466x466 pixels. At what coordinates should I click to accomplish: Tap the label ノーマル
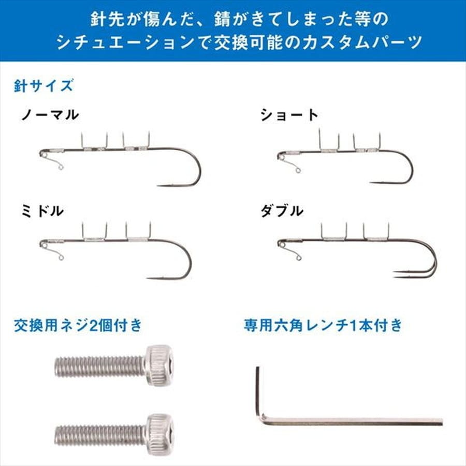pos(50,114)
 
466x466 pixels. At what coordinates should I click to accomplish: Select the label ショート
pos(289,114)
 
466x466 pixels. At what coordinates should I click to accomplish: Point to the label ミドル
pos(43,210)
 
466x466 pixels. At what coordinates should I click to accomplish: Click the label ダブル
pos(282,210)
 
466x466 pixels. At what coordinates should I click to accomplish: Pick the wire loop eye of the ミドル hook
pos(60,258)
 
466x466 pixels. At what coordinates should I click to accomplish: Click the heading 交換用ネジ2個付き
pos(78,325)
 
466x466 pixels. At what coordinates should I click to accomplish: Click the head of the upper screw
pos(159,365)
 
